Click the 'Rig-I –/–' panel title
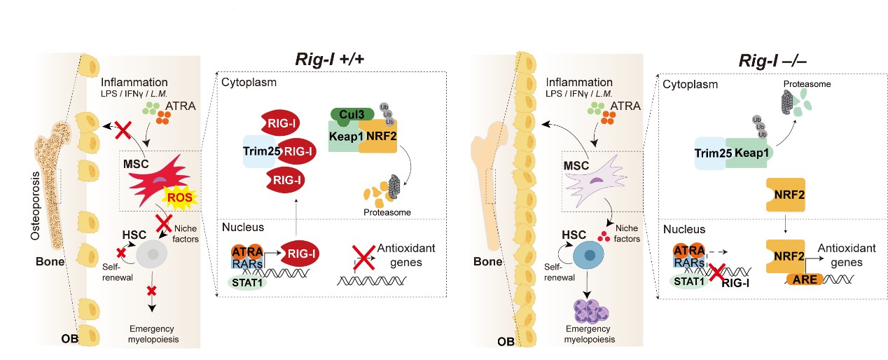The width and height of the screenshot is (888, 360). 776,60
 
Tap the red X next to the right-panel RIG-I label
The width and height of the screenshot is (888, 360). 715,270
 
